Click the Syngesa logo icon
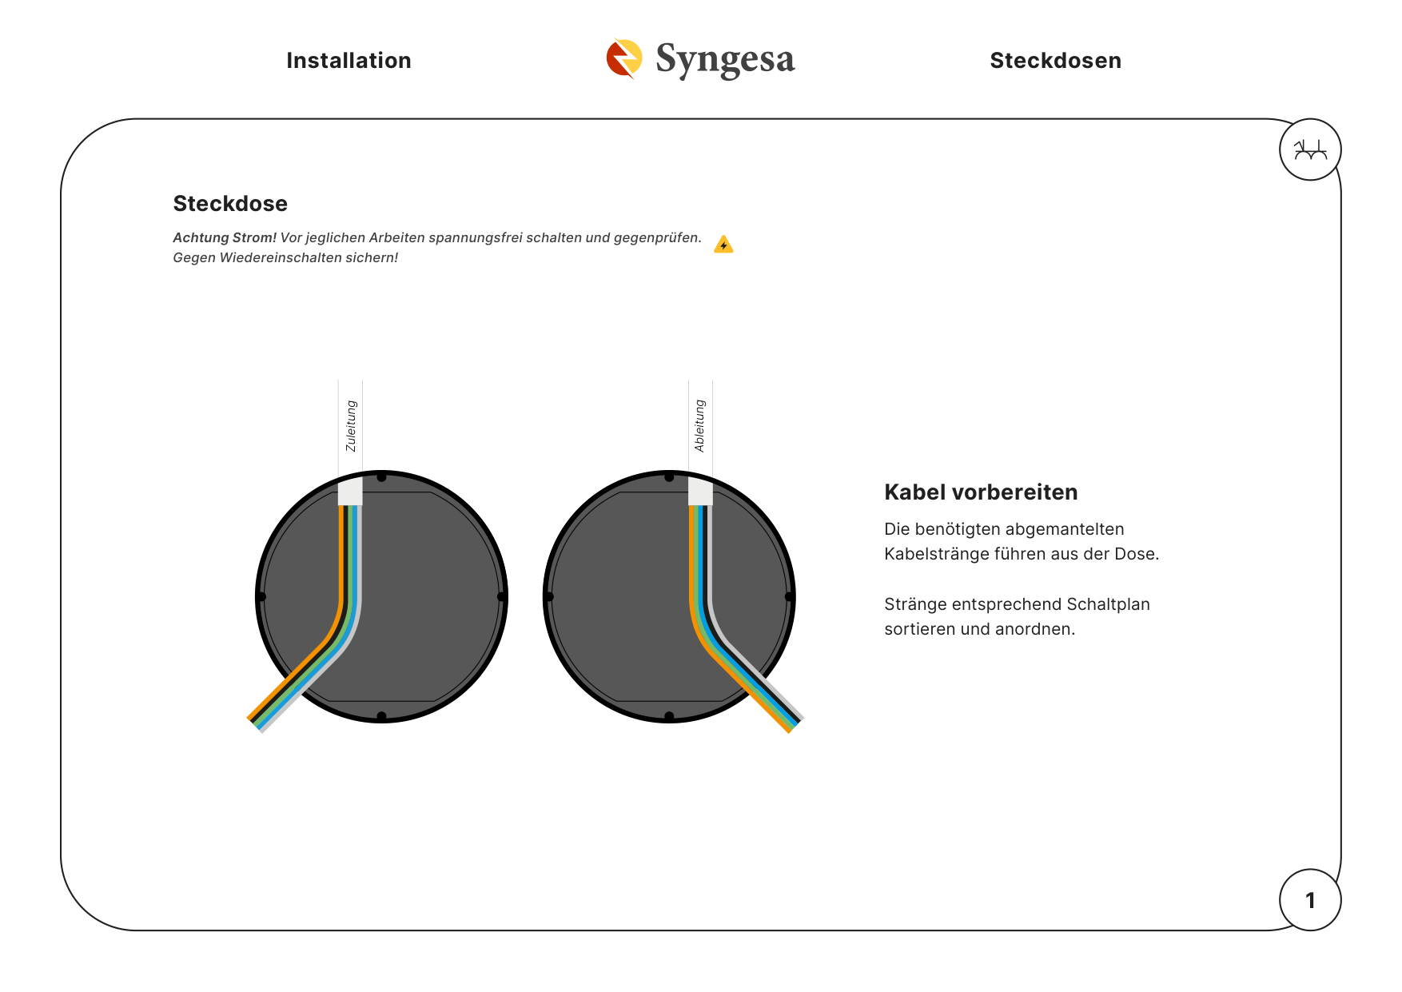tap(624, 59)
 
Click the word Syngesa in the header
tap(725, 60)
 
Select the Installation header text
tap(349, 61)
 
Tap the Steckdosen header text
tap(1055, 61)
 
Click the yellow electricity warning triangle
tap(723, 245)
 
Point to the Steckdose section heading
tap(230, 204)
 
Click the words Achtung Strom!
tap(225, 237)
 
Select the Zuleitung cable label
tap(351, 426)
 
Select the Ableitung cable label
tap(700, 426)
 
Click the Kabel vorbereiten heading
tap(981, 492)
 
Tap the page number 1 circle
tap(1310, 900)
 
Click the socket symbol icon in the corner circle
tap(1310, 149)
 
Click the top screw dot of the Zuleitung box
tap(381, 477)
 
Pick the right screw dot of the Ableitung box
tap(789, 596)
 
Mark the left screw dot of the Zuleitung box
tap(261, 596)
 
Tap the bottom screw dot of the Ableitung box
tap(669, 716)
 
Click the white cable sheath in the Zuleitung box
tap(350, 491)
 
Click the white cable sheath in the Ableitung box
tap(700, 491)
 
